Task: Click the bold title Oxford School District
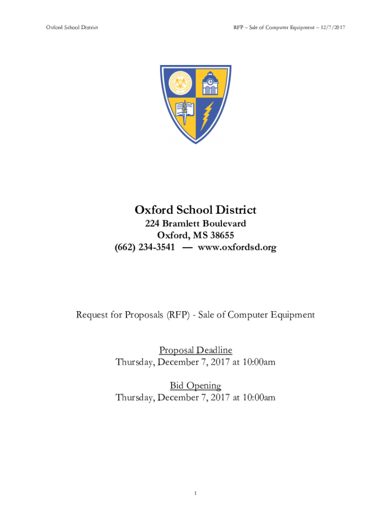click(x=195, y=210)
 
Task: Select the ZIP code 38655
click(x=221, y=235)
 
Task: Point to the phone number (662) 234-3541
click(x=145, y=247)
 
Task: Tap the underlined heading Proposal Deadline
click(x=195, y=350)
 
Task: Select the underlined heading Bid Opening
click(x=195, y=385)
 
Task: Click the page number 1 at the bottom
click(x=195, y=493)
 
